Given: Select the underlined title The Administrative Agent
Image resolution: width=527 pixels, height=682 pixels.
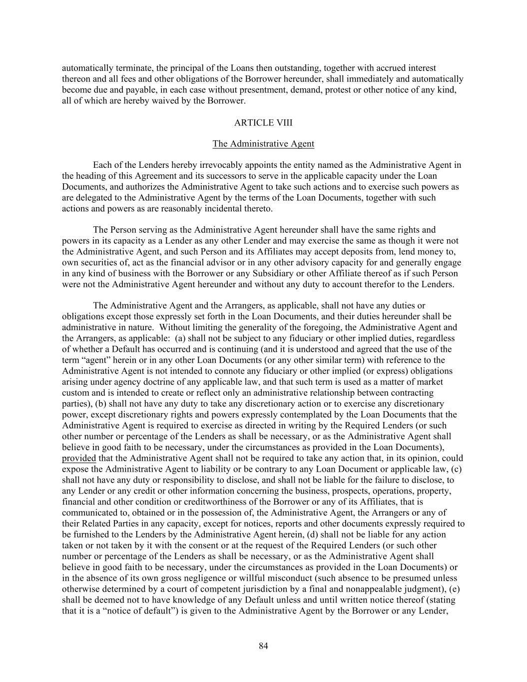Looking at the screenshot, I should (x=263, y=144).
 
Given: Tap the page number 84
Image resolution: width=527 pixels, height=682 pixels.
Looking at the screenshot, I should (x=263, y=646).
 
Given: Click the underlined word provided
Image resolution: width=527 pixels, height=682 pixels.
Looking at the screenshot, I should (x=79, y=458).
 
